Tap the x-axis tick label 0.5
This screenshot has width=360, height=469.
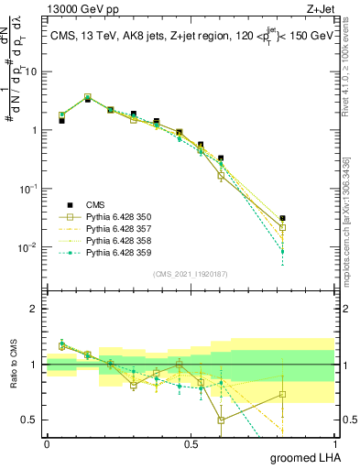point(191,443)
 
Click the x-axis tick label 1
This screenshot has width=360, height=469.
point(335,443)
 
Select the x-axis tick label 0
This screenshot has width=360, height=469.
point(47,443)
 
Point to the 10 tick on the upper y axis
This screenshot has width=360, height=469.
point(30,71)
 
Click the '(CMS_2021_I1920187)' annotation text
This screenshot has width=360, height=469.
point(191,273)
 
